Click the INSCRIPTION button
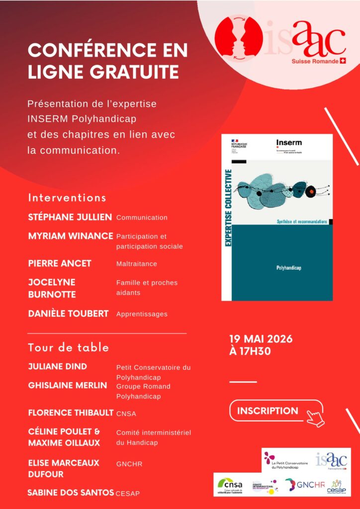(268, 411)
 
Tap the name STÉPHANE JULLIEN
(70, 217)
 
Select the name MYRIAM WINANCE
(71, 236)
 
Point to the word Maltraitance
(136, 263)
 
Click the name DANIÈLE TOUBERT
(68, 314)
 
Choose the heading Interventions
(67, 197)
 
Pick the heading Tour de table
(69, 347)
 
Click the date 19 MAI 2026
(261, 339)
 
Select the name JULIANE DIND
(58, 366)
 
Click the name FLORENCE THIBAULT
(71, 413)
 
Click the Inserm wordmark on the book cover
(289, 143)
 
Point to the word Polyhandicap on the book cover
(289, 267)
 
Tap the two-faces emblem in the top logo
(238, 36)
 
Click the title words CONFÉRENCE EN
(108, 51)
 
